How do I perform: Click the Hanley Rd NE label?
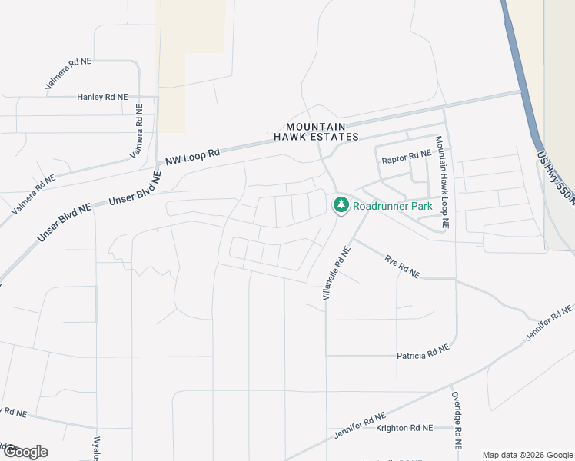point(102,97)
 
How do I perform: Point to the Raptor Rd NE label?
point(407,161)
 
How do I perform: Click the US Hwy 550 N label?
point(555,177)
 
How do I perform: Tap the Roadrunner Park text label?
point(393,206)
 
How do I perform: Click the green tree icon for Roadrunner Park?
point(341,205)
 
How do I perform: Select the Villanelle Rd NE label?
point(336,273)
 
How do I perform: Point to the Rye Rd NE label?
point(402,265)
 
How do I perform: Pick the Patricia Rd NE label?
point(422,355)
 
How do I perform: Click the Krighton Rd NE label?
point(404,427)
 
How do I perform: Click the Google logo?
point(25,452)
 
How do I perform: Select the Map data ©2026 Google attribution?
point(527,454)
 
